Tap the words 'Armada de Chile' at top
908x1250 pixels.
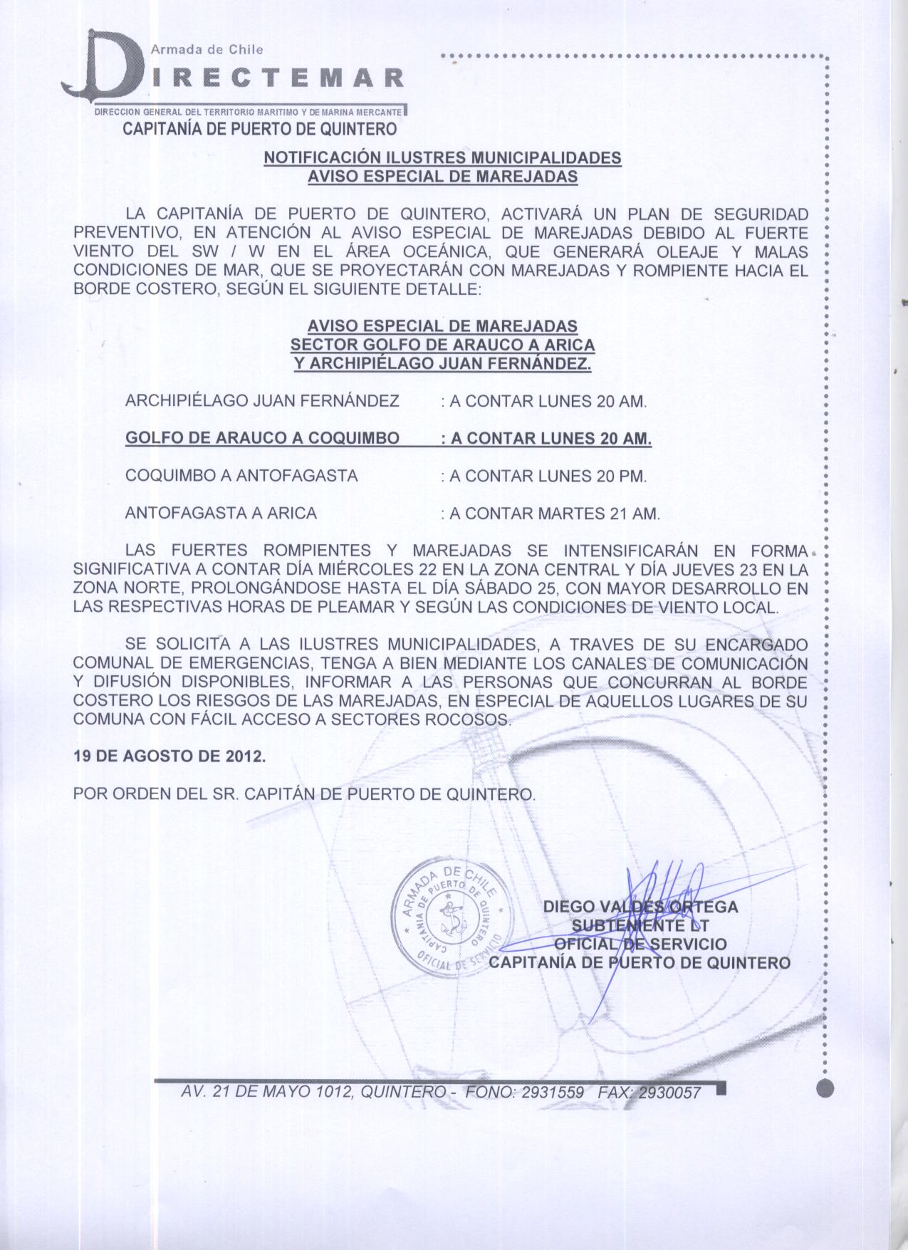point(207,49)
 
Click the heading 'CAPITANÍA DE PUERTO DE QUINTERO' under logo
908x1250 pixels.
point(260,129)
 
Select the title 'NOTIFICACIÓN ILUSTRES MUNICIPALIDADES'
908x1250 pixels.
point(442,157)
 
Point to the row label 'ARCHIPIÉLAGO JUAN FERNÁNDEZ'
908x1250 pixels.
point(262,401)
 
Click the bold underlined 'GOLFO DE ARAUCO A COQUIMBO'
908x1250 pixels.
point(262,438)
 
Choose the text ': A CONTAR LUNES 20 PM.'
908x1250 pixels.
point(544,476)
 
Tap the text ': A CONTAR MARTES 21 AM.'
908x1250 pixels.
point(550,513)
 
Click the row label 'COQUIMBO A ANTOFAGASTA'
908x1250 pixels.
point(241,476)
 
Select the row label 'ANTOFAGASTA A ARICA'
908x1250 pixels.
point(221,513)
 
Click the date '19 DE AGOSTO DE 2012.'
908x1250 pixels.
point(169,756)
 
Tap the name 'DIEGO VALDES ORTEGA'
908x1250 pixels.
point(640,907)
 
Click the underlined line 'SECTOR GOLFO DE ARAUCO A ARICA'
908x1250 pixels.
point(442,345)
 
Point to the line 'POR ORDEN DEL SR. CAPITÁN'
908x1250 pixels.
point(304,793)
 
